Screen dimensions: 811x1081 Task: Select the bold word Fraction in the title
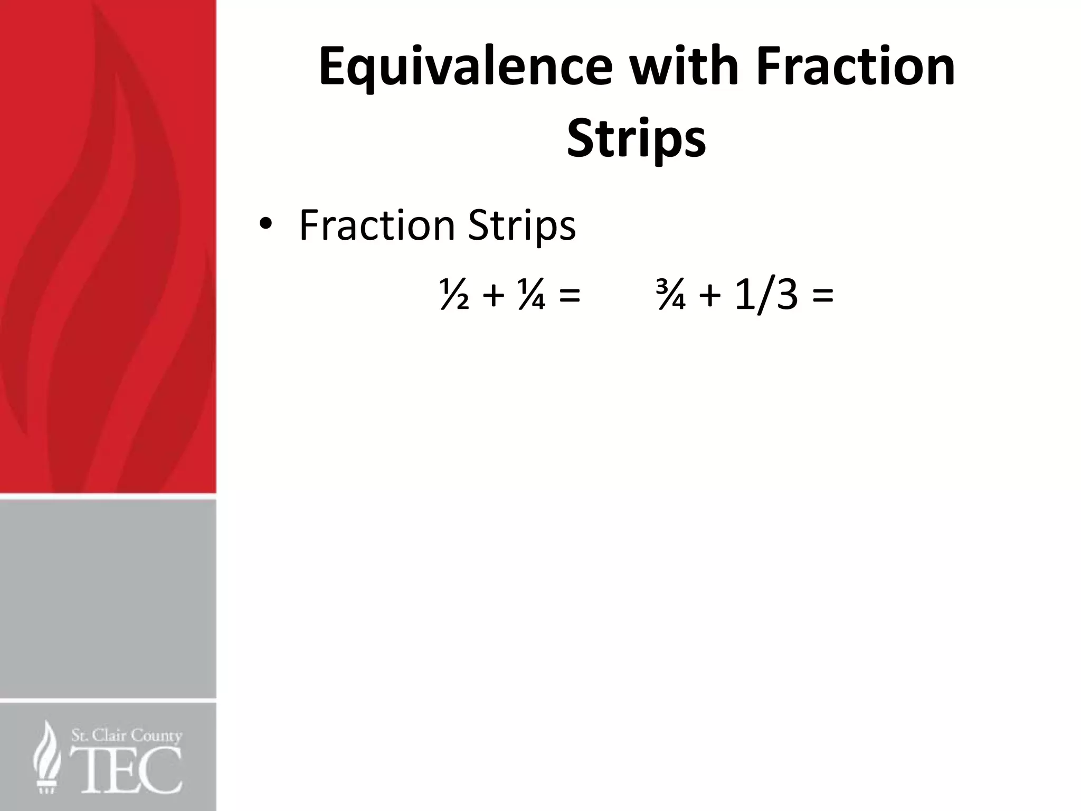pos(856,67)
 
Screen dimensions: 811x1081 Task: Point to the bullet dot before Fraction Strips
pos(265,225)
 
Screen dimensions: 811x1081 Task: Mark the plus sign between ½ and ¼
pos(493,296)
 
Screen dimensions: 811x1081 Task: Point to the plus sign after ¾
pos(710,296)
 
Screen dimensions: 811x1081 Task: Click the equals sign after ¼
pos(569,296)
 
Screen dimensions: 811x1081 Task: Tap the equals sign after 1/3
pos(823,296)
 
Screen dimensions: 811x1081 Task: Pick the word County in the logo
pos(157,736)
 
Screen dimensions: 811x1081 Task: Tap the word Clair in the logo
pos(110,735)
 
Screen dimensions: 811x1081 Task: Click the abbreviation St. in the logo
pos(80,735)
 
